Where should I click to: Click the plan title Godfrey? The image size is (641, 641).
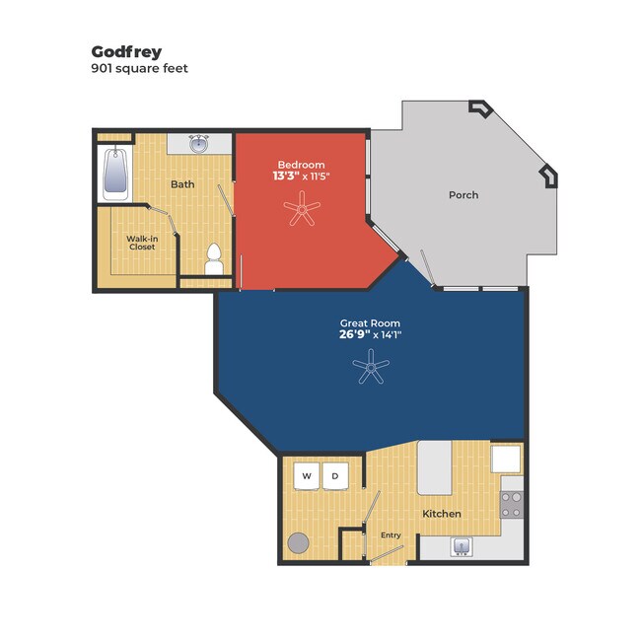click(126, 52)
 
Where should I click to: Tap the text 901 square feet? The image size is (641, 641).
click(139, 68)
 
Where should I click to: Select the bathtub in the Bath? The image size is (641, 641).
click(115, 175)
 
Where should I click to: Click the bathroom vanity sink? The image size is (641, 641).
click(199, 144)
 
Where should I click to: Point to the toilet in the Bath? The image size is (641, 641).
click(214, 258)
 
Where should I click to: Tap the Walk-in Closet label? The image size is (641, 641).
click(142, 243)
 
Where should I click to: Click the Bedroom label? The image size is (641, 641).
click(302, 165)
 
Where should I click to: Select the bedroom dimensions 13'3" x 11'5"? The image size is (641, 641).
click(302, 177)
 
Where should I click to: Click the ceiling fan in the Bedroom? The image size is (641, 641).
click(302, 209)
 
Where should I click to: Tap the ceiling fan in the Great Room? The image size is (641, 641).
click(371, 367)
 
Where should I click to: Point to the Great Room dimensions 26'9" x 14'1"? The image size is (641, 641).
click(371, 335)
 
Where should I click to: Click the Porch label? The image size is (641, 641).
click(463, 195)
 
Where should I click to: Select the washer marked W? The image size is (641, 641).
click(307, 475)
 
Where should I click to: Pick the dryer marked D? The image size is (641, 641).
click(335, 475)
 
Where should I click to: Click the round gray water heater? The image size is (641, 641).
click(298, 543)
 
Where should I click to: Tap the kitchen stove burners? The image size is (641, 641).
click(512, 505)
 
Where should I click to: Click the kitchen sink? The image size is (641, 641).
click(462, 547)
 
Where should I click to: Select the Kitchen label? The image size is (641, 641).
click(442, 514)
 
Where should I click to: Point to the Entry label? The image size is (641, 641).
click(391, 535)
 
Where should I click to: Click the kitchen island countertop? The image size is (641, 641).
click(434, 467)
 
